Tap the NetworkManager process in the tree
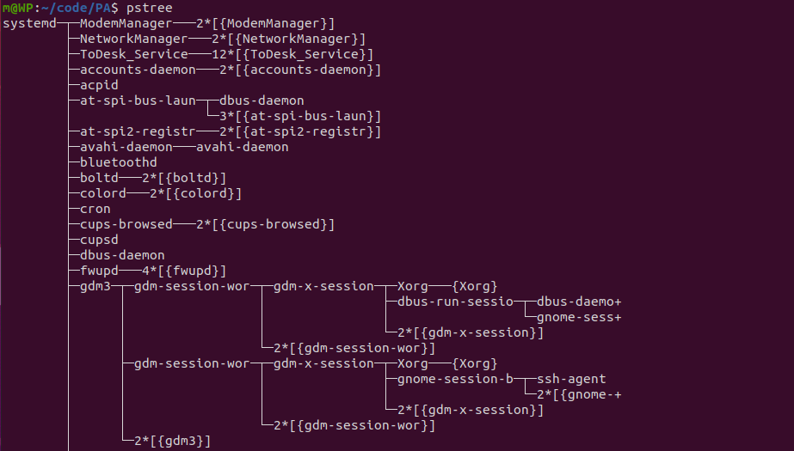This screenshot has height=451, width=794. coord(133,39)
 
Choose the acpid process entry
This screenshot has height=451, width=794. coord(99,85)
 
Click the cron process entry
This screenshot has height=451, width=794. coord(95,209)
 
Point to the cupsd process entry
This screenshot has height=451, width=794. coord(99,240)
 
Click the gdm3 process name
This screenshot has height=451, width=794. coord(95,286)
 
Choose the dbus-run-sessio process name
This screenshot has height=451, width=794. coord(455,302)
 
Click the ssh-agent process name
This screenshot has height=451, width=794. coord(571,379)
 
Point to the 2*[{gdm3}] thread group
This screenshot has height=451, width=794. coord(172,441)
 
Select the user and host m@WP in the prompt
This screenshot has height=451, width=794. coord(18,8)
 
